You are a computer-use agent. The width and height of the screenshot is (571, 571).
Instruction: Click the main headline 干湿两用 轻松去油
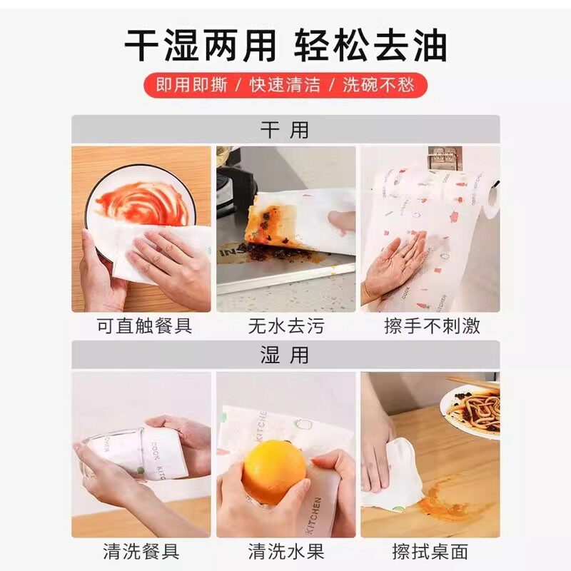[x=285, y=46]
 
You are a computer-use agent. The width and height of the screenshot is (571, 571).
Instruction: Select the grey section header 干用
[x=285, y=130]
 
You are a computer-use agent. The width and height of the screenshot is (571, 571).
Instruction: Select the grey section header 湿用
[x=285, y=355]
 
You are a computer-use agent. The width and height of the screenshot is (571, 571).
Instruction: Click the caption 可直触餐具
[x=144, y=327]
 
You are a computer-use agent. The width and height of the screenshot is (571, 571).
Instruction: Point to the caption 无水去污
[x=285, y=327]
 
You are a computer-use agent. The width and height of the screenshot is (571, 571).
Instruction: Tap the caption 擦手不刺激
[x=432, y=327]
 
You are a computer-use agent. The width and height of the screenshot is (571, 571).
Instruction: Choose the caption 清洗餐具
[x=141, y=552]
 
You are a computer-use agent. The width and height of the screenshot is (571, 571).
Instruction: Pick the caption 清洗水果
[x=285, y=552]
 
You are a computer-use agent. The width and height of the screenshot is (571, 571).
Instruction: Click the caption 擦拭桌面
[x=430, y=552]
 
